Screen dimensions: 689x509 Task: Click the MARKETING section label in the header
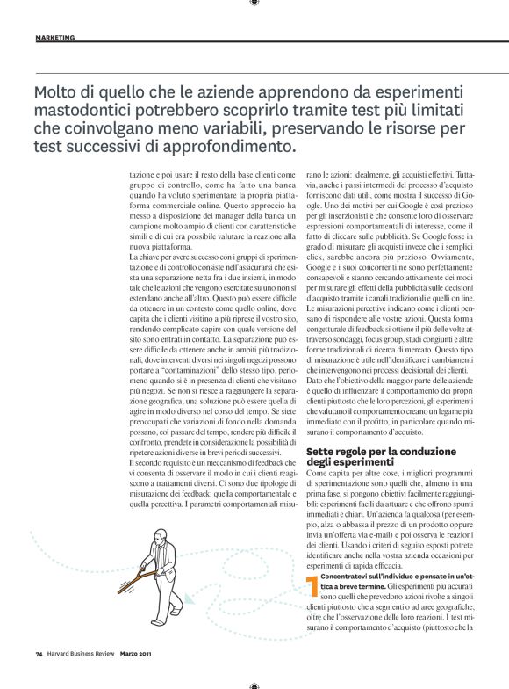[x=54, y=38]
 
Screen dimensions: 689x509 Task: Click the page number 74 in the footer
[x=39, y=678]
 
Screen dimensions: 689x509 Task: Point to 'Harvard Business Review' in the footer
[x=81, y=678]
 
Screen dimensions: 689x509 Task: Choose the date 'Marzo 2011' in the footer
[x=139, y=678]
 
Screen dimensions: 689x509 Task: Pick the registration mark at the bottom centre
[x=254, y=685]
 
